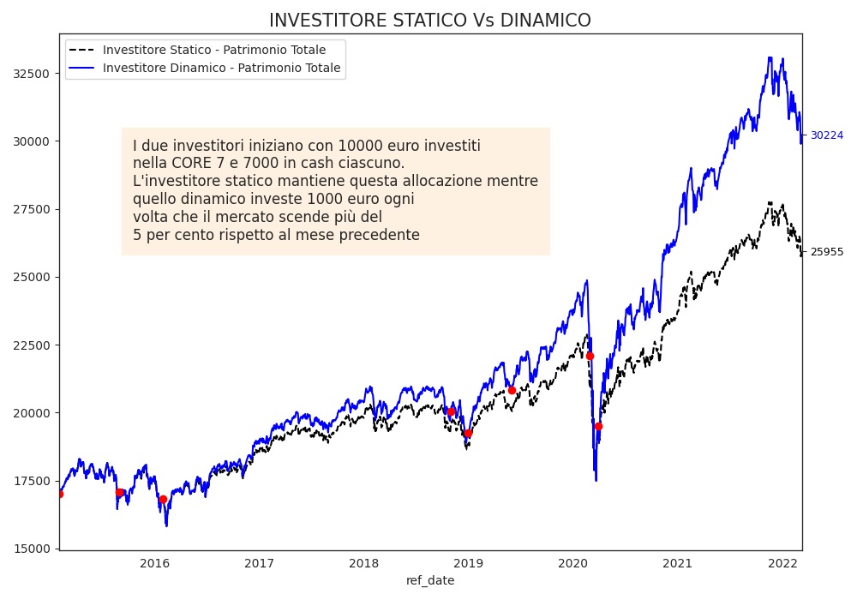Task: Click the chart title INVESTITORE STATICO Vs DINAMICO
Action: coord(429,21)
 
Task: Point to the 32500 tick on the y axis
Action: coord(30,74)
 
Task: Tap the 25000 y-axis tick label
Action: coord(30,277)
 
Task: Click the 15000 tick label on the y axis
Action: coord(30,549)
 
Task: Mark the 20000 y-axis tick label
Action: coord(30,412)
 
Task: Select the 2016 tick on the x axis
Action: coord(154,563)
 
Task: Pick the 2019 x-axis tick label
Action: coord(468,563)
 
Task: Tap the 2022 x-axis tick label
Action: coord(782,563)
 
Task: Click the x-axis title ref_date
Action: coord(430,580)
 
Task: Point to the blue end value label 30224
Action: coord(826,135)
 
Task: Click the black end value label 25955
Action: coord(826,252)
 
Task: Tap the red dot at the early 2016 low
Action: coord(163,499)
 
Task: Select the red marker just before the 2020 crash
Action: coord(590,356)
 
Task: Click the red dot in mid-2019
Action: coord(512,390)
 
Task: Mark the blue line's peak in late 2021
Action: coord(770,58)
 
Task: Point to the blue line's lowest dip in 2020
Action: coord(596,480)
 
